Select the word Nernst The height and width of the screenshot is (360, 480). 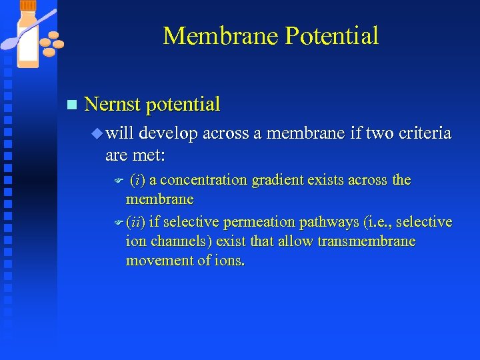[x=113, y=104]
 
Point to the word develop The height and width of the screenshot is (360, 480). [x=168, y=133]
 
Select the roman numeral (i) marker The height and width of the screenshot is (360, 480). [x=138, y=180]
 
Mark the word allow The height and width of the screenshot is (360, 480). [x=296, y=241]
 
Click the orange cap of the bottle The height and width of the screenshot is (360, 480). [x=28, y=6]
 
